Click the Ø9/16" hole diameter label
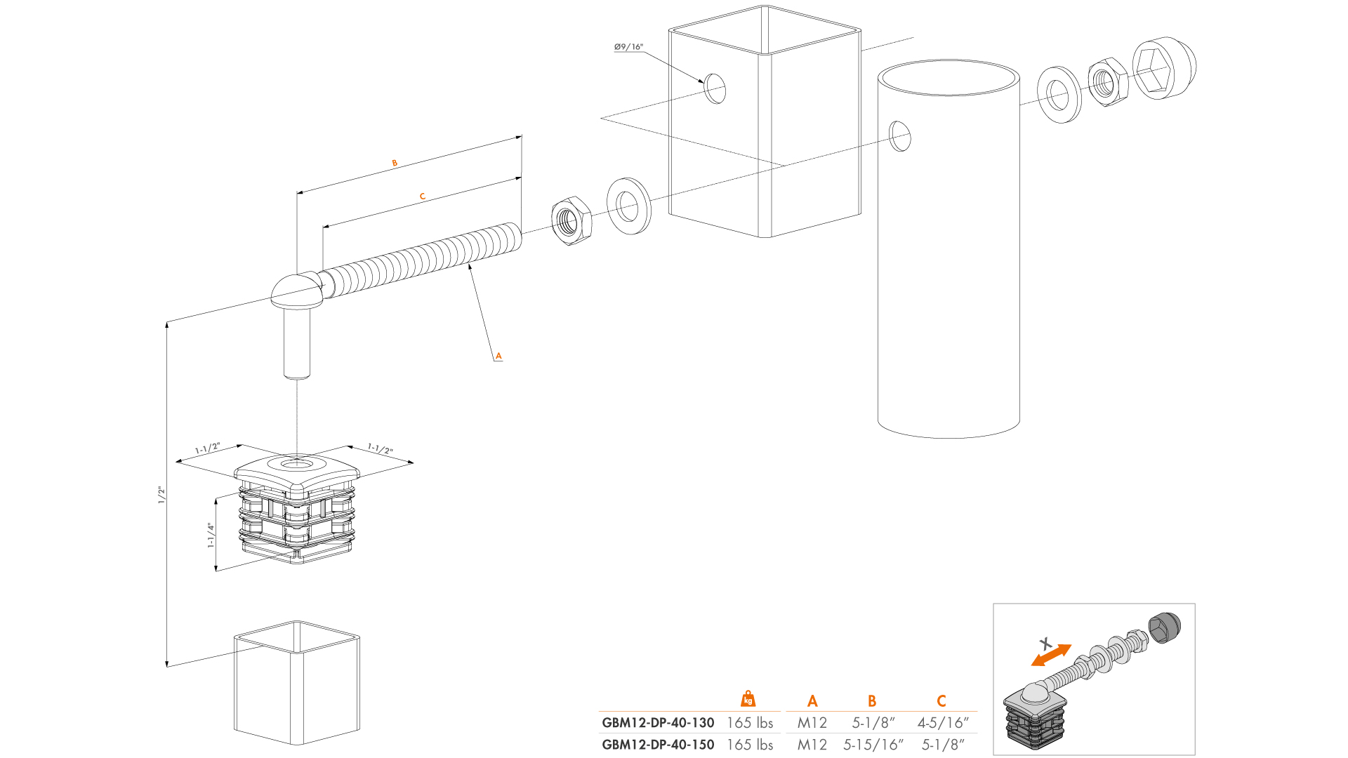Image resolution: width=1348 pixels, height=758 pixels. tap(628, 47)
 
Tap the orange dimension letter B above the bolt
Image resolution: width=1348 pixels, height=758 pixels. tap(395, 163)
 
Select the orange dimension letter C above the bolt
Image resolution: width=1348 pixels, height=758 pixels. tap(423, 197)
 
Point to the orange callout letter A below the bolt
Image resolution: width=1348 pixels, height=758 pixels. tap(498, 356)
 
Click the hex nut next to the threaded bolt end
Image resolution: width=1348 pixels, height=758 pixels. tap(571, 221)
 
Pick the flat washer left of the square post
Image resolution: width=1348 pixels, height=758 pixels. tap(628, 206)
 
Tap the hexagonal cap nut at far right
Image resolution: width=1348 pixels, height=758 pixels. tap(1163, 68)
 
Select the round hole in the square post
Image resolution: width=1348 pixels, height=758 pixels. tap(715, 88)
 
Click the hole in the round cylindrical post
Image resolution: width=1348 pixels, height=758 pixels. tap(900, 136)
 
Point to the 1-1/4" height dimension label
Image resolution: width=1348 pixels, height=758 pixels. tap(211, 535)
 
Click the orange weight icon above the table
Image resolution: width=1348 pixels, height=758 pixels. tap(748, 699)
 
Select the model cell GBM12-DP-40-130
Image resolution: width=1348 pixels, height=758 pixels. tap(658, 722)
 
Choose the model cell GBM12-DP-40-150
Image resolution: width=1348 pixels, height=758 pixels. tap(658, 745)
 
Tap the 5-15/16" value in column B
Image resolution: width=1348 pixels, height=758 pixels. tap(873, 745)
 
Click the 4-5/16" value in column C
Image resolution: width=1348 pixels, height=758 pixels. tap(942, 722)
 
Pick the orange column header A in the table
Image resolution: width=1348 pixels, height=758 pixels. tap(812, 701)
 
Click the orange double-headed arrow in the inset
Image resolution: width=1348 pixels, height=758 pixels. tap(1051, 656)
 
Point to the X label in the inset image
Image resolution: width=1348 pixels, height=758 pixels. tap(1045, 643)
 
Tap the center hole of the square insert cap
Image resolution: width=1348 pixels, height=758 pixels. tap(297, 463)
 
